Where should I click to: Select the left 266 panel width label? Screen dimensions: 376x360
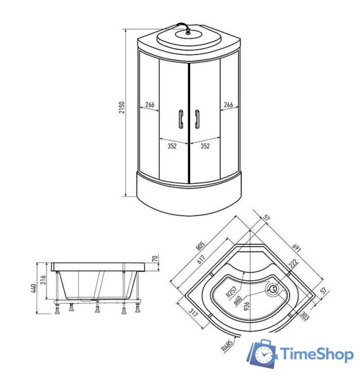(x=149, y=105)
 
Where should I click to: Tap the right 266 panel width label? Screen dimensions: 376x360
(x=228, y=105)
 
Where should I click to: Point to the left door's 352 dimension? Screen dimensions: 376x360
(x=172, y=147)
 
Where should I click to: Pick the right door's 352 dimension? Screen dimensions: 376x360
(x=205, y=147)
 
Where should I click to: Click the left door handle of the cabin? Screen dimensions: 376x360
(x=180, y=119)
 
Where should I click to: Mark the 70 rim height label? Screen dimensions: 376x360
(x=154, y=258)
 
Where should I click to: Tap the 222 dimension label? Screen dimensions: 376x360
(x=292, y=265)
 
